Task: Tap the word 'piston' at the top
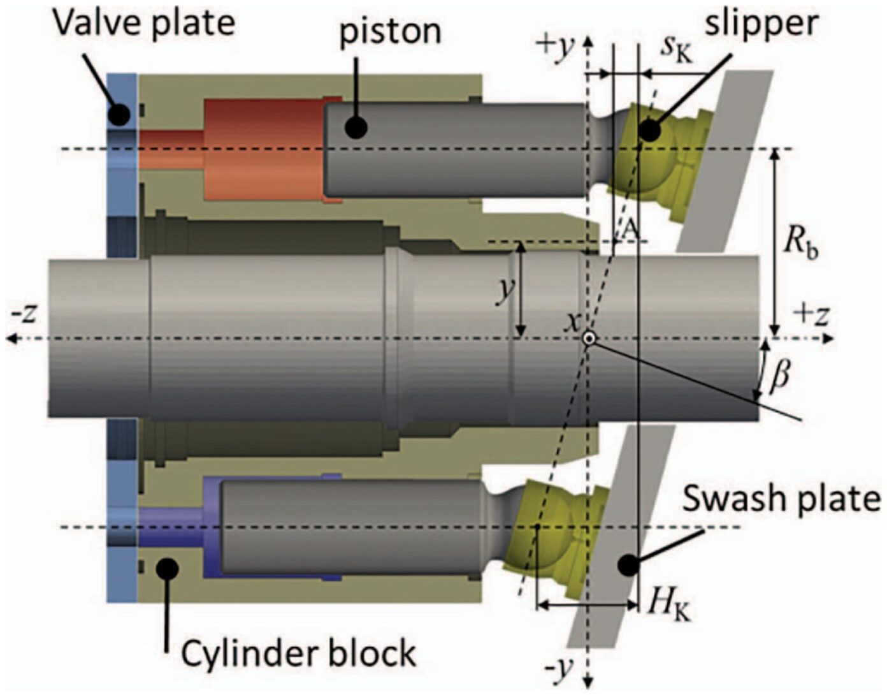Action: [390, 31]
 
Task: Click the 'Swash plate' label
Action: [781, 498]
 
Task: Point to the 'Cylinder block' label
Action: [298, 653]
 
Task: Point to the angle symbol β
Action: [779, 376]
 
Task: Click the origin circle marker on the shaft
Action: [589, 339]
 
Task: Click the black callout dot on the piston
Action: [356, 128]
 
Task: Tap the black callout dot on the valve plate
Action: [119, 114]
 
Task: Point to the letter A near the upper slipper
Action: [629, 230]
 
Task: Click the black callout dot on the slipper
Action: [649, 130]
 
